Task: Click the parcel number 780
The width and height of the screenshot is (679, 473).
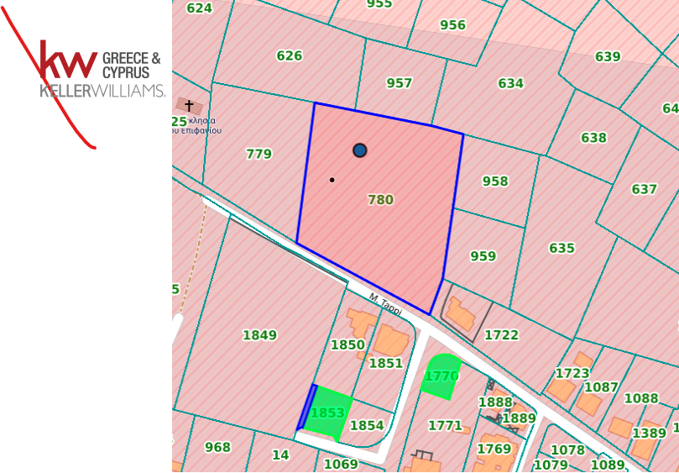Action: (380, 200)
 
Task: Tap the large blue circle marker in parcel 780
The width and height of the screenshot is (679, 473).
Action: (360, 150)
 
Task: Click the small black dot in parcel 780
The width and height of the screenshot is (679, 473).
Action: (332, 180)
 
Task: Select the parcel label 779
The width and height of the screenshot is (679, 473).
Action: (259, 154)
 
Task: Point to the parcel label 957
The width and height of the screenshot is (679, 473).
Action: (400, 83)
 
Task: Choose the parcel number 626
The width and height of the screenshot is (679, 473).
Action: (289, 56)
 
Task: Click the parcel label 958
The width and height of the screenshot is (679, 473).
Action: (495, 181)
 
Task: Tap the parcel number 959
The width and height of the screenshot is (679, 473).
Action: (483, 257)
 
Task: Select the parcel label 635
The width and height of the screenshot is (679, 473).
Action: (561, 249)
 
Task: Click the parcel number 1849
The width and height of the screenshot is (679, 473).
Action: (259, 336)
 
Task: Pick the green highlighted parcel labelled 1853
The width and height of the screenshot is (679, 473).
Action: (327, 413)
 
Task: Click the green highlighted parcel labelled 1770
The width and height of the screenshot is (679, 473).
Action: (441, 376)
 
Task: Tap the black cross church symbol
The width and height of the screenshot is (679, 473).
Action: (190, 105)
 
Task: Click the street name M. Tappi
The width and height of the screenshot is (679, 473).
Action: (385, 305)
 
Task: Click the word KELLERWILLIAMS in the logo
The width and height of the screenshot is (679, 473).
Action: (102, 91)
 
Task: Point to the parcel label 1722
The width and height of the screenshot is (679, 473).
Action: (501, 335)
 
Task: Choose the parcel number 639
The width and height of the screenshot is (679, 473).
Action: (608, 57)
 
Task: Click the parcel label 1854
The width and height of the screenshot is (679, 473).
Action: (367, 426)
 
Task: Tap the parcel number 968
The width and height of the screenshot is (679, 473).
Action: (217, 448)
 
